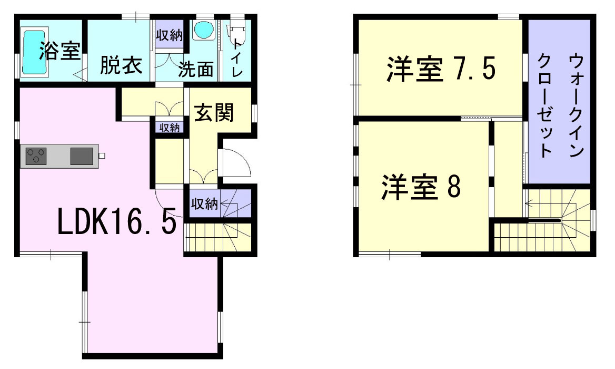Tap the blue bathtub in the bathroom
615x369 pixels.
(32, 52)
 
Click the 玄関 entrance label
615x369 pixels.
(214, 112)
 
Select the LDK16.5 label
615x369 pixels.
(116, 222)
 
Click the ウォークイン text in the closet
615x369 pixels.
(576, 105)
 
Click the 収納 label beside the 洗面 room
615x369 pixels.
(168, 35)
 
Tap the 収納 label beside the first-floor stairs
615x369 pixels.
(204, 204)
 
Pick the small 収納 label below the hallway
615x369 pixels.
(170, 128)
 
